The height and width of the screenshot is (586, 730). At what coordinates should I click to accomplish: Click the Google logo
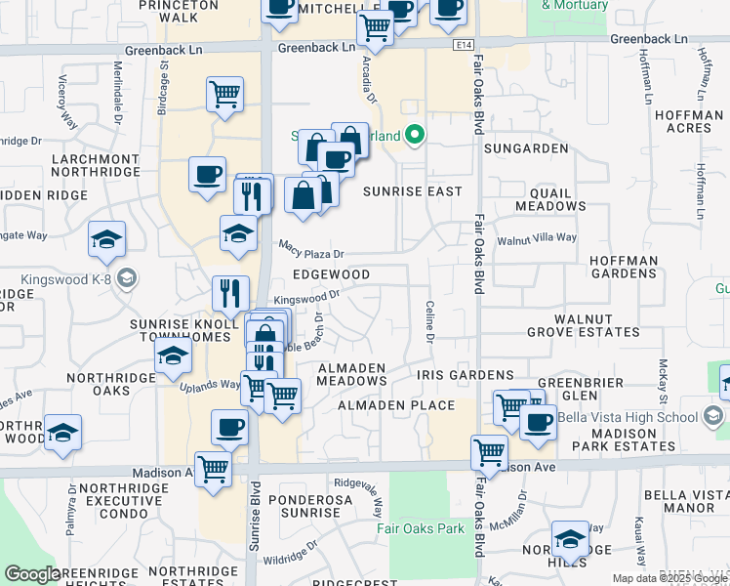point(32,574)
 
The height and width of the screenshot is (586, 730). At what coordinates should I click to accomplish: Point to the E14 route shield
point(462,45)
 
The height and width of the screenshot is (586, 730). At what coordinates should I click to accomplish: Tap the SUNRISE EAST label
point(412,191)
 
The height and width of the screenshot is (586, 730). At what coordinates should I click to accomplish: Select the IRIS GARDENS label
point(465,375)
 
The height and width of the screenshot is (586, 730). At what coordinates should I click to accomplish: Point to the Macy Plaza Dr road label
point(312,250)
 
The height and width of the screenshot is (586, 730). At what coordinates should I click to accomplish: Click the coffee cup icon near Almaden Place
point(537,422)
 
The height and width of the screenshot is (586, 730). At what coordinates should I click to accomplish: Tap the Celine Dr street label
point(429,321)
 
